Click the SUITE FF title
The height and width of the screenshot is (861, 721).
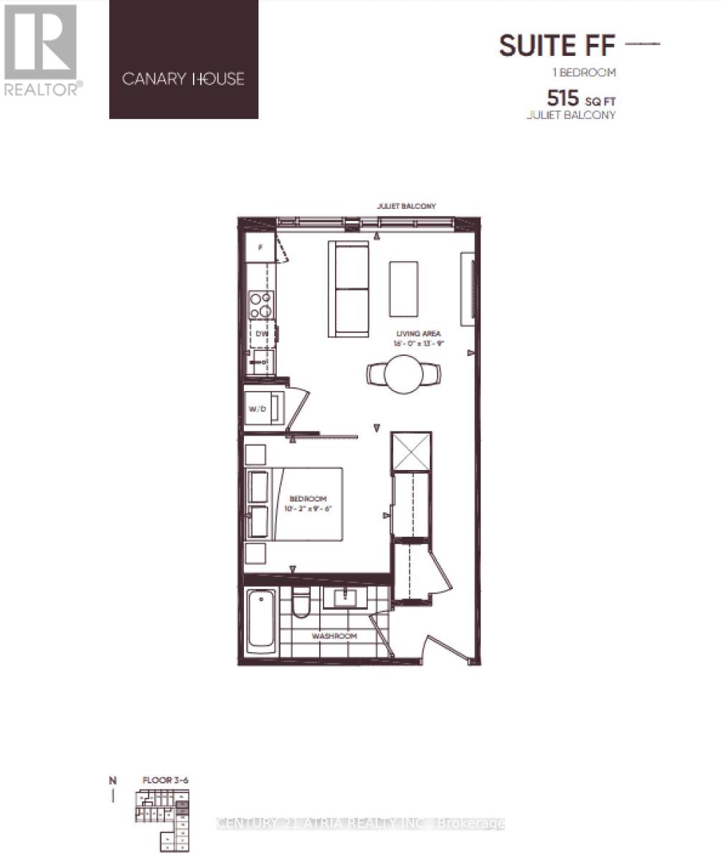[x=557, y=46]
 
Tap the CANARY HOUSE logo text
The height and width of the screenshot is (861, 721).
[x=183, y=79]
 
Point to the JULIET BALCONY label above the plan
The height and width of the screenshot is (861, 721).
[x=406, y=207]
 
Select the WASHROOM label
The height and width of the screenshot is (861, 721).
[x=334, y=636]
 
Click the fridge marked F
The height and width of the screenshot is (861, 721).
[x=260, y=248]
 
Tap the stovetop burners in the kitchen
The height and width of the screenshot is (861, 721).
[x=260, y=304]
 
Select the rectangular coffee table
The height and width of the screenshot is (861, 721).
[x=404, y=288]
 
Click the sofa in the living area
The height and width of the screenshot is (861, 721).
[x=349, y=289]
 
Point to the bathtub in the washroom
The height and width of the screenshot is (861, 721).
[x=261, y=621]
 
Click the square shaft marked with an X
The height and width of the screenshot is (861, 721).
[x=411, y=452]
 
